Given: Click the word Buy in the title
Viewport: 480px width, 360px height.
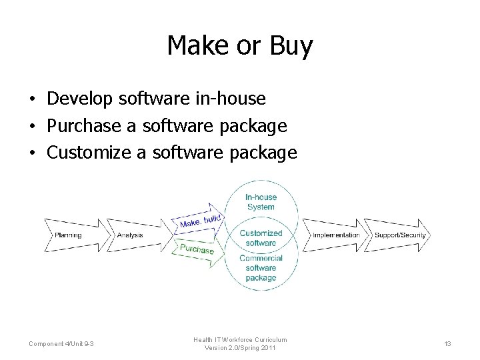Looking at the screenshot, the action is [291, 46].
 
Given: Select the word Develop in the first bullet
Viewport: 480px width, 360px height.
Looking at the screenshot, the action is [80, 99].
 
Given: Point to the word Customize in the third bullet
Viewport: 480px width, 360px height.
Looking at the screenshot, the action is [89, 153].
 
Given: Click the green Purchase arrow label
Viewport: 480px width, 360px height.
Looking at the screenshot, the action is [197, 249].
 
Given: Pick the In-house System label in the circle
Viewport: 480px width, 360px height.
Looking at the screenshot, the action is [260, 202].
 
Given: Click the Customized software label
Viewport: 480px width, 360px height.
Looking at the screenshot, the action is [261, 238].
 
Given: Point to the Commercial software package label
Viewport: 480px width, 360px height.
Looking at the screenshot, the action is [261, 268].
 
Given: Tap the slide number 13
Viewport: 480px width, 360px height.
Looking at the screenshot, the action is [447, 344].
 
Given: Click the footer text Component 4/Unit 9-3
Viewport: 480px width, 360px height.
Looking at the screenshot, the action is [61, 344].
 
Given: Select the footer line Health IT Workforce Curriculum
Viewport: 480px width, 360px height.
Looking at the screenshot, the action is [240, 340].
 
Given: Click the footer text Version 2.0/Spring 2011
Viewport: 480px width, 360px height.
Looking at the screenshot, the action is [240, 349].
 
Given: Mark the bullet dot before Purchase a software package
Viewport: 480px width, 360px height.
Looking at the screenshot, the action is [32, 127].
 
